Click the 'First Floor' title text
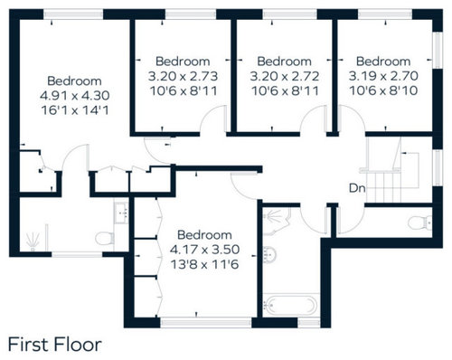click(54, 345)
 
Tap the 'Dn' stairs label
click(357, 188)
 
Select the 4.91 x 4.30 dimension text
click(75, 96)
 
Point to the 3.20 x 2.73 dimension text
click(183, 76)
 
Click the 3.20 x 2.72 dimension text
click(285, 76)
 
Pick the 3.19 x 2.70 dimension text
click(383, 76)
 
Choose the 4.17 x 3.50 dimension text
click(205, 250)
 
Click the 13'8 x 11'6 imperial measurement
click(205, 264)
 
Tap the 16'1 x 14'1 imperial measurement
click(75, 110)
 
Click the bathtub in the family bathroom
click(291, 305)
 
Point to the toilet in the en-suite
click(105, 238)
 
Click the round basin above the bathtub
click(269, 254)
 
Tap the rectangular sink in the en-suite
click(121, 213)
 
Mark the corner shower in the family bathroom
click(276, 222)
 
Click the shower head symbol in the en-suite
click(33, 242)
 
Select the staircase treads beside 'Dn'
click(384, 187)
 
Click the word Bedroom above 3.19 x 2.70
click(383, 62)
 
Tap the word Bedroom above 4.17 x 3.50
click(204, 235)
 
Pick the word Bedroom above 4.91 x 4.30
click(74, 81)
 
